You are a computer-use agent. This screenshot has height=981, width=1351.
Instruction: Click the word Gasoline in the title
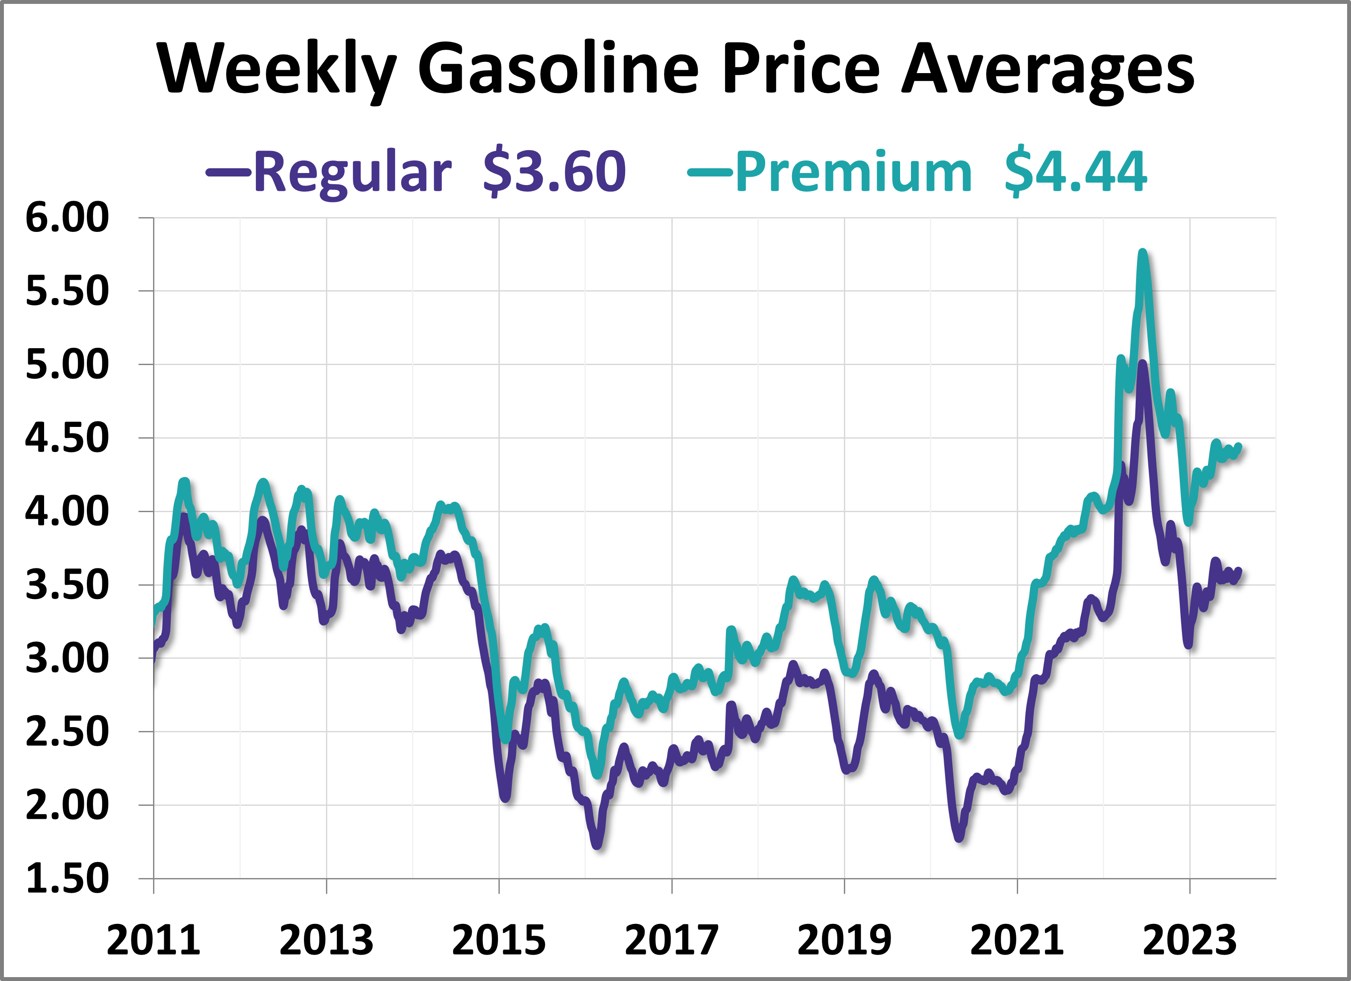pos(558,68)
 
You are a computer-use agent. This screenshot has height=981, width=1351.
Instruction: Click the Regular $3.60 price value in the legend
pos(554,172)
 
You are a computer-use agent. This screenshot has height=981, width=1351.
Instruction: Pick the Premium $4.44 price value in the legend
pos(1075,172)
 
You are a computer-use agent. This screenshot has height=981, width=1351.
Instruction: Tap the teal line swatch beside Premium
pos(709,172)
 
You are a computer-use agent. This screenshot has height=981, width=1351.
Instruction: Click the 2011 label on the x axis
pos(153,940)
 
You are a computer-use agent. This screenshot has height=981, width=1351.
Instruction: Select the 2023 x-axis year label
pos(1190,940)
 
